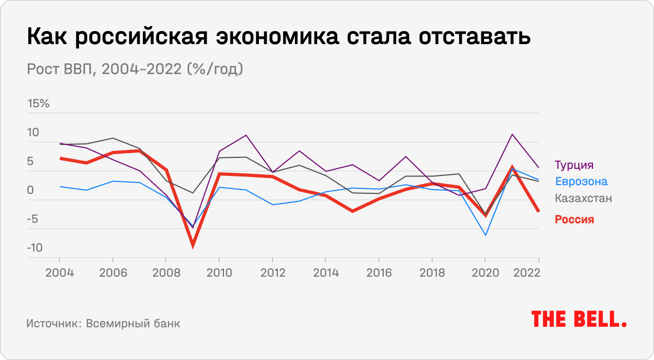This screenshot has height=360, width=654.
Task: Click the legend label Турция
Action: [574, 165]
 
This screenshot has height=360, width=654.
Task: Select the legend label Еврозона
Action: [581, 181]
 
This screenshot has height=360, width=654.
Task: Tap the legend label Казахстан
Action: [583, 198]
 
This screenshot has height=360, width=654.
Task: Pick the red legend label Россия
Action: [574, 219]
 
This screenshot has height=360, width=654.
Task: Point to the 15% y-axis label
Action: [38, 103]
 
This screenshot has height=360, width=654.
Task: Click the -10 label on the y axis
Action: [34, 248]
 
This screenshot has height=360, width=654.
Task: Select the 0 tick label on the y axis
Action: [31, 190]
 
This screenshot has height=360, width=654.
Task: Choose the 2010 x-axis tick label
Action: [219, 272]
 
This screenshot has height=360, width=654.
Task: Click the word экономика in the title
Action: [281, 38]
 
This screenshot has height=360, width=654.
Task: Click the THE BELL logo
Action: [579, 319]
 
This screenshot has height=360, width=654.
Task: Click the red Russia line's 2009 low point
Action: [192, 246]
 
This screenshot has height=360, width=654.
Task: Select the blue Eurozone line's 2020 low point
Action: [485, 235]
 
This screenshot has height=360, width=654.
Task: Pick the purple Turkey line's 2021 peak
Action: [512, 135]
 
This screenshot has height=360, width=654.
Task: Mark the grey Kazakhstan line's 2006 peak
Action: [112, 138]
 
